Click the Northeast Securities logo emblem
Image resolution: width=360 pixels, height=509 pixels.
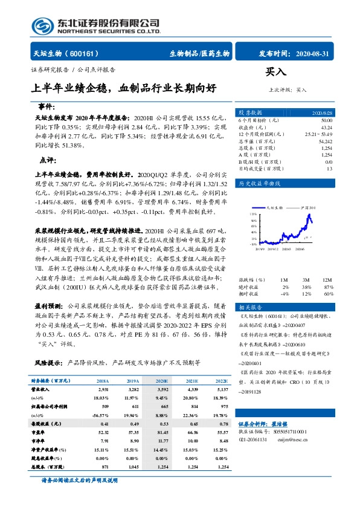42,27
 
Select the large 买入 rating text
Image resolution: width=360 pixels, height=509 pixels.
276,72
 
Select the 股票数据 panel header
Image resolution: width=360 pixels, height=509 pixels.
250,113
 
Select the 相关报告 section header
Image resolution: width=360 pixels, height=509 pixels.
249,306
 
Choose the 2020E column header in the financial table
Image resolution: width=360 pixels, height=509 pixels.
162,381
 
